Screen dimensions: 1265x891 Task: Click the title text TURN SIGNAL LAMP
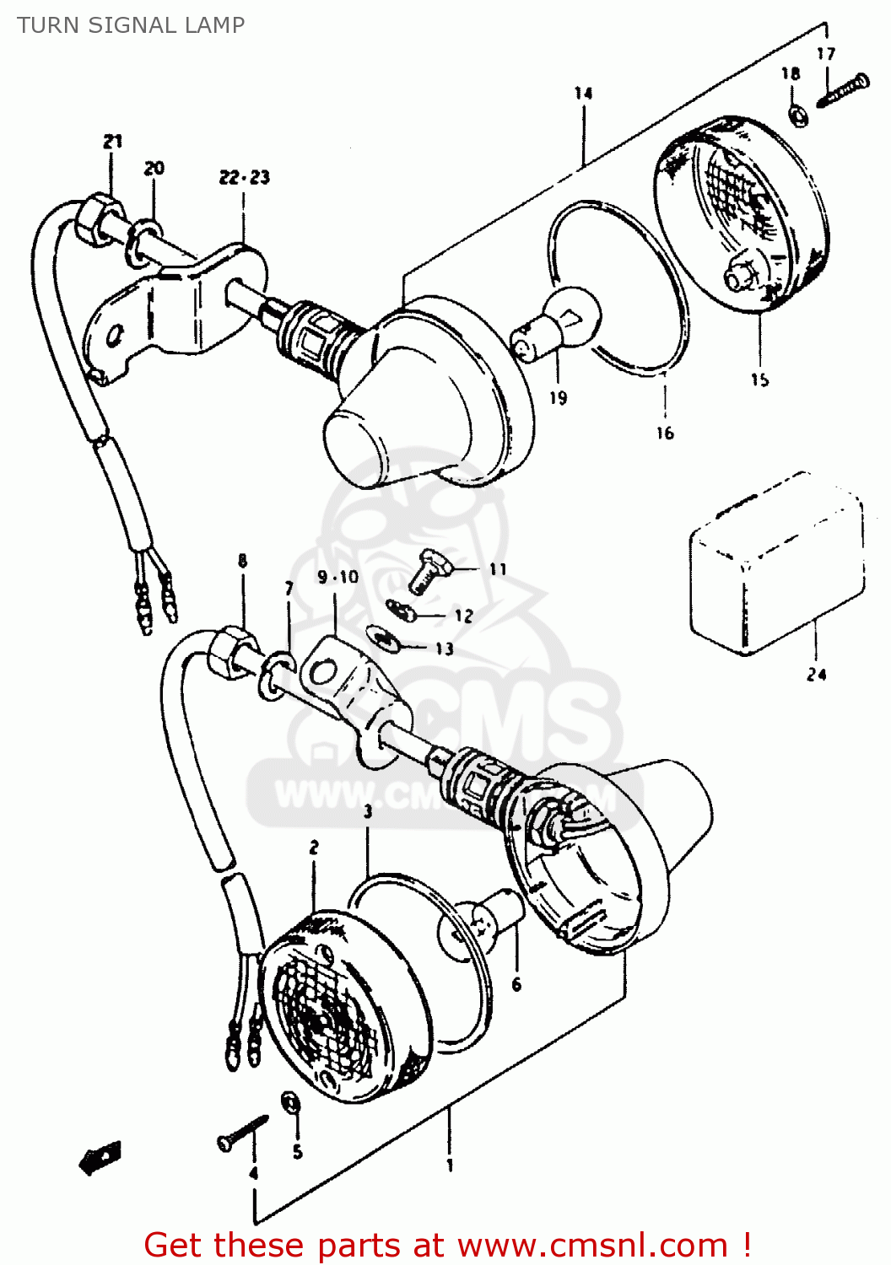tap(131, 25)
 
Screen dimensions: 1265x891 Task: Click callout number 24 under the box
tap(816, 675)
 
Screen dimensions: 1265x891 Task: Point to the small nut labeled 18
tap(797, 115)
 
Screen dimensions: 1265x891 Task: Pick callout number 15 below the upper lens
tap(759, 379)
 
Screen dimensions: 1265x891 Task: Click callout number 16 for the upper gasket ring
tap(665, 433)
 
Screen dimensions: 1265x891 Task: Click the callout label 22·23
tap(244, 177)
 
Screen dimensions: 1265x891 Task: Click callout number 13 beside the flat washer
tap(444, 649)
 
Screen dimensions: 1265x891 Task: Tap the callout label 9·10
tap(337, 577)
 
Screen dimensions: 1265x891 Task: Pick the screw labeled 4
tap(242, 1132)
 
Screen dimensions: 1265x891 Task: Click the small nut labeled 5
tap(290, 1104)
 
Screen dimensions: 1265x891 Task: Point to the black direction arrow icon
tap(100, 1157)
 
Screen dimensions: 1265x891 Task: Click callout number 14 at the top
tap(583, 93)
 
